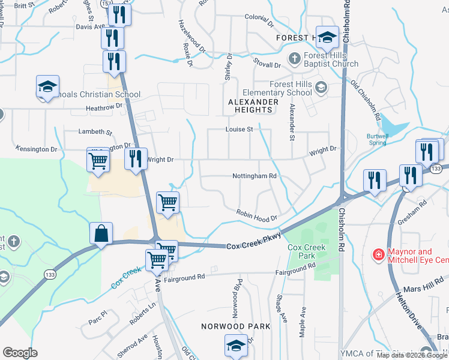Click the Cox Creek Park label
pyautogui.click(x=306, y=251)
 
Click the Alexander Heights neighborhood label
pyautogui.click(x=253, y=106)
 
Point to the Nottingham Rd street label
pyautogui.click(x=255, y=176)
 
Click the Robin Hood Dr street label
pyautogui.click(x=256, y=216)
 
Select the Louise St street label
pyautogui.click(x=240, y=129)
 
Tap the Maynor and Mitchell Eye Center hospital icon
pyautogui.click(x=378, y=255)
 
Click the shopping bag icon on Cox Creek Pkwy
pyautogui.click(x=101, y=234)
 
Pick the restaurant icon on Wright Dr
pyautogui.click(x=136, y=160)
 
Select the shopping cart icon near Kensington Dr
pyautogui.click(x=98, y=161)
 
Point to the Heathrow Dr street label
pyautogui.click(x=104, y=106)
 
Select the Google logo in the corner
pyautogui.click(x=20, y=353)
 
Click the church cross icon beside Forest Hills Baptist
pyautogui.click(x=294, y=59)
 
